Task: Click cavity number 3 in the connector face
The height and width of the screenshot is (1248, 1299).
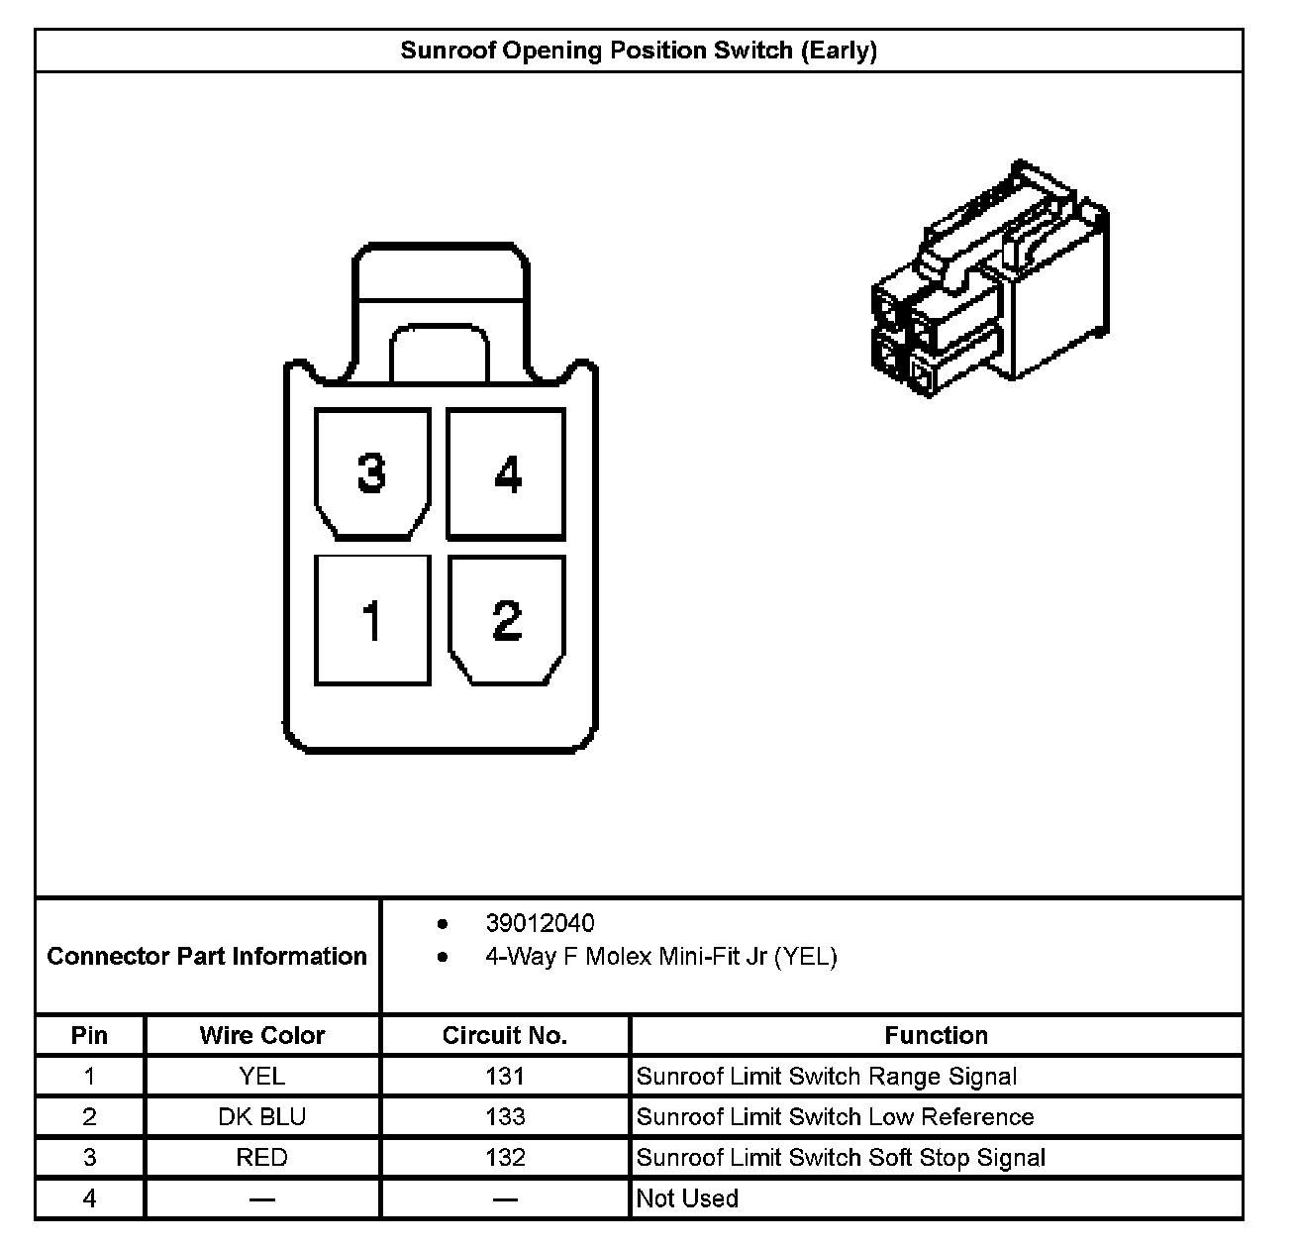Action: pyautogui.click(x=372, y=474)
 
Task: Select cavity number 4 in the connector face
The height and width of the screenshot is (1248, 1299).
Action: pyautogui.click(x=506, y=474)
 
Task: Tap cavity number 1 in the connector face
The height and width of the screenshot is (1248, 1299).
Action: pyautogui.click(x=372, y=621)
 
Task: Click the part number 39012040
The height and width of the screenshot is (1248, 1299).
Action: pyautogui.click(x=540, y=923)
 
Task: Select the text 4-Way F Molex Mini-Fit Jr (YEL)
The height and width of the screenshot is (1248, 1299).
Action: pyautogui.click(x=660, y=957)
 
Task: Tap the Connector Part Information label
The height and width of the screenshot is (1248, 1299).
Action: pyautogui.click(x=207, y=956)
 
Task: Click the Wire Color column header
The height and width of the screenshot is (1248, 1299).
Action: pyautogui.click(x=262, y=1035)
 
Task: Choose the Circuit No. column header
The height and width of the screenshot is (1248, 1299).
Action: pyautogui.click(x=505, y=1035)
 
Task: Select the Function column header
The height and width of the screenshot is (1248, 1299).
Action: pyautogui.click(x=936, y=1035)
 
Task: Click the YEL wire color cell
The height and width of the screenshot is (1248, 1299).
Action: pyautogui.click(x=262, y=1077)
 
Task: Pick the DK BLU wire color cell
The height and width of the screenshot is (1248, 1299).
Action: pyautogui.click(x=262, y=1117)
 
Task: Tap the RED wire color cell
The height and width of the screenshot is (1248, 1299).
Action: pyautogui.click(x=262, y=1158)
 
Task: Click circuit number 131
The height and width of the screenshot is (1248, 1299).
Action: pyautogui.click(x=505, y=1077)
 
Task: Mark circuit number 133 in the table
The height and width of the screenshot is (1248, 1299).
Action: pyautogui.click(x=505, y=1117)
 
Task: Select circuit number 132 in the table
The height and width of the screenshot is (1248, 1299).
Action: pyautogui.click(x=505, y=1158)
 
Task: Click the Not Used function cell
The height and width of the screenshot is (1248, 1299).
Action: pyautogui.click(x=687, y=1198)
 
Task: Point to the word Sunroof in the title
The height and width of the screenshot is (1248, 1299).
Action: pyautogui.click(x=448, y=51)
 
